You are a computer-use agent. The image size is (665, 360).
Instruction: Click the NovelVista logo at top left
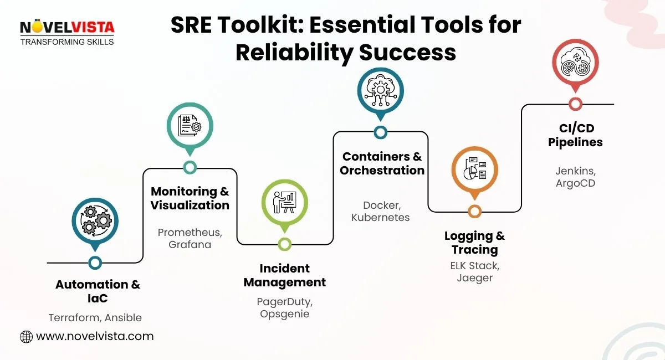[67, 33]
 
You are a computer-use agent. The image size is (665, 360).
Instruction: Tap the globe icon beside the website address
[26, 336]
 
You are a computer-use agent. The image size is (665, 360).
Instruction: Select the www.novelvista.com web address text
[95, 336]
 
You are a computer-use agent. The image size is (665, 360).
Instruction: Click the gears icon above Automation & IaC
[95, 220]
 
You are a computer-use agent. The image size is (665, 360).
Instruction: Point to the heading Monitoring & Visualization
[190, 198]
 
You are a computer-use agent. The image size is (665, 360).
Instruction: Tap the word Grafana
[190, 245]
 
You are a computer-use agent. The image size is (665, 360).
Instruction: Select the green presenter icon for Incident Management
[284, 202]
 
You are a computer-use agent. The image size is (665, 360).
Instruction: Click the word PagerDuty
[284, 302]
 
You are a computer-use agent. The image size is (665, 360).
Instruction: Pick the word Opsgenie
[284, 314]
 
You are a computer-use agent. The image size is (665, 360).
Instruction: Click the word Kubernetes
[381, 218]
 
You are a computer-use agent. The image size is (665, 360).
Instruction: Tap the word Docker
[380, 205]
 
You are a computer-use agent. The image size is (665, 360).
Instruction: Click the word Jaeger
[475, 278]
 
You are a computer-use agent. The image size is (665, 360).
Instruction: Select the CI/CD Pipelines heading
[576, 135]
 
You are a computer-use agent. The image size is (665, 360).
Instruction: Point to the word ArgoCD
[576, 183]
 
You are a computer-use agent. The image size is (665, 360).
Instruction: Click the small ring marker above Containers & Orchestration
[380, 132]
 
